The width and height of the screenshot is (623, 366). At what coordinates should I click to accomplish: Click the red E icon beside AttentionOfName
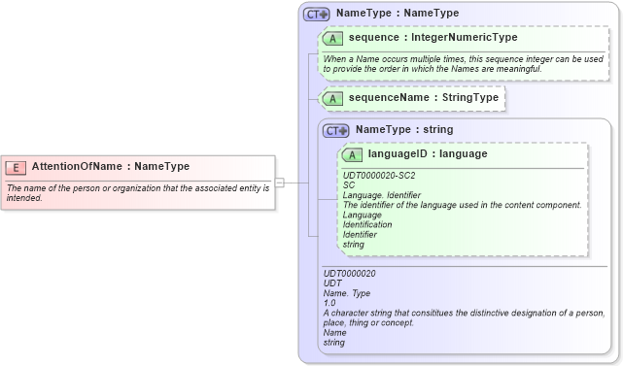point(16,167)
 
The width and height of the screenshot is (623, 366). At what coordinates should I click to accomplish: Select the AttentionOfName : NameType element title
point(110,167)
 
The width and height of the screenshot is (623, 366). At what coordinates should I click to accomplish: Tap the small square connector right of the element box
point(279,183)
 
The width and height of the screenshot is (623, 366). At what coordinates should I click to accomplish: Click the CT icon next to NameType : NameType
point(317,15)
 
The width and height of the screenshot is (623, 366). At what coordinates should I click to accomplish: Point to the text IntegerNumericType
point(465,38)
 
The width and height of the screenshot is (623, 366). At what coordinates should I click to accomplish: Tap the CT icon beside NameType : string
point(336,130)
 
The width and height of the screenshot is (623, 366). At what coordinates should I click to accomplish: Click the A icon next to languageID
point(352,154)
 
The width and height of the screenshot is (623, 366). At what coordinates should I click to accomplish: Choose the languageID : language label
point(428,153)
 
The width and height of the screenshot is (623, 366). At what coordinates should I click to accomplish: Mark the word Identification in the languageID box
point(367,224)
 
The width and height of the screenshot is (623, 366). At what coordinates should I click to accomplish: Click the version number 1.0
point(329,303)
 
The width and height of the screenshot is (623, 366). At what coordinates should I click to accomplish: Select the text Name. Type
point(347,293)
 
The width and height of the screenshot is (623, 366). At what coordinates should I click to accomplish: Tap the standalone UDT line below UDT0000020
point(332,283)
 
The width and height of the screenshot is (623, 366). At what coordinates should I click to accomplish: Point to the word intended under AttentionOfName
point(23,198)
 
